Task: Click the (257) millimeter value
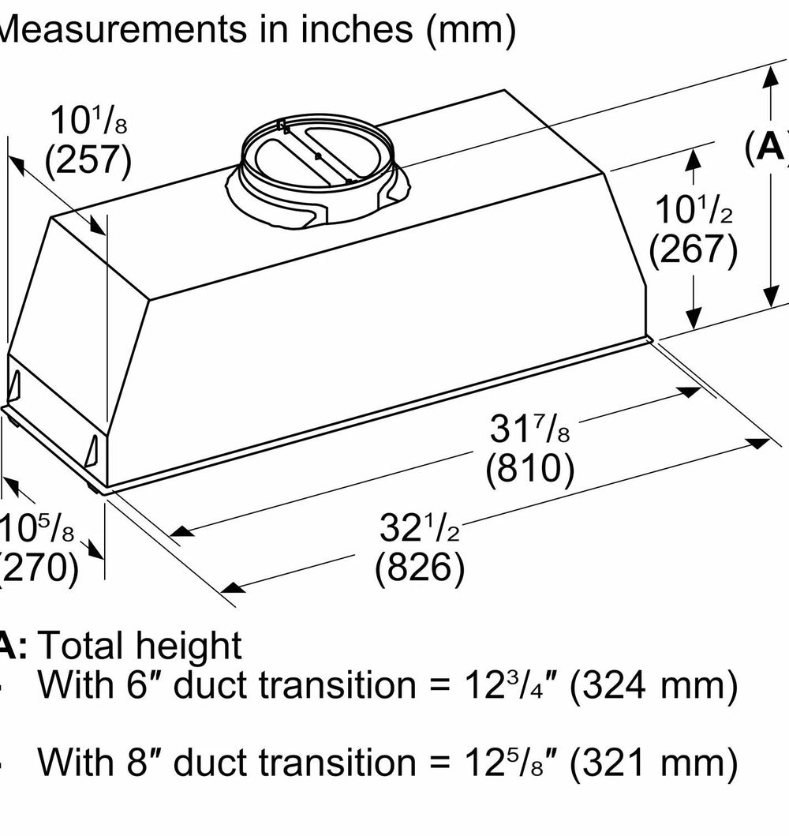(x=88, y=159)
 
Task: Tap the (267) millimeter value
(x=693, y=249)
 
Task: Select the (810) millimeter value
(x=530, y=467)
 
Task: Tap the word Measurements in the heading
(x=122, y=28)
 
